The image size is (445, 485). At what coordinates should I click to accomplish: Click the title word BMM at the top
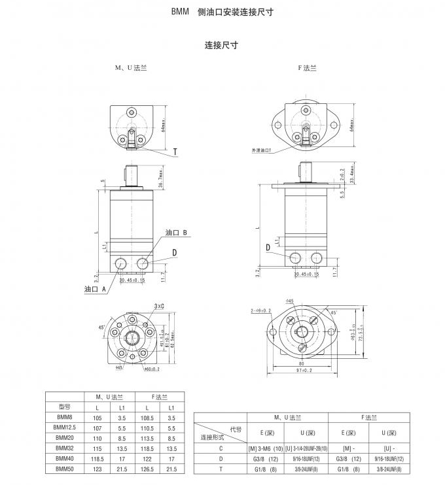(x=180, y=12)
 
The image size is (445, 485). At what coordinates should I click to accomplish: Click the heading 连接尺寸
(x=221, y=46)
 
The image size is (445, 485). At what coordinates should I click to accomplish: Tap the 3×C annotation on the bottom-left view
(x=159, y=305)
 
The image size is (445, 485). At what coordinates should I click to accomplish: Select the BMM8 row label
(x=63, y=416)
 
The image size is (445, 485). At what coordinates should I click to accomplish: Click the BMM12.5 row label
(x=63, y=427)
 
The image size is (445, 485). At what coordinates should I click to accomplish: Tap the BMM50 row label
(x=63, y=469)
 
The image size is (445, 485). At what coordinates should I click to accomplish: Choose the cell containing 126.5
(x=147, y=469)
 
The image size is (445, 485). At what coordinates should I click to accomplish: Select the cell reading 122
(x=147, y=458)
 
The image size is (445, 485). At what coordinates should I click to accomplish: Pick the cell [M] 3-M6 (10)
(x=264, y=448)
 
